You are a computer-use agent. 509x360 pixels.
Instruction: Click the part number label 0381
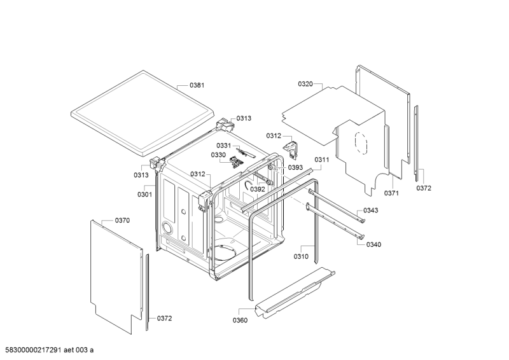click(197, 85)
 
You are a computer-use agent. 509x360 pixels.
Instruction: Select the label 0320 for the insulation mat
click(306, 84)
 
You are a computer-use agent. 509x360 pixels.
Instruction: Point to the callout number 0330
click(219, 155)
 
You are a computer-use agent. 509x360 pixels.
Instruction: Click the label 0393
click(295, 168)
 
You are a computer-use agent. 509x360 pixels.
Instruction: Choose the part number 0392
click(257, 189)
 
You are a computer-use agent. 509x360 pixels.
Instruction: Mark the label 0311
click(322, 160)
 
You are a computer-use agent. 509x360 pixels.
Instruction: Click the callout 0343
click(371, 211)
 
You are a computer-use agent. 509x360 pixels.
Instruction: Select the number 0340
click(374, 245)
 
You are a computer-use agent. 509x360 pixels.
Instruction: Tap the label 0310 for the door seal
click(302, 256)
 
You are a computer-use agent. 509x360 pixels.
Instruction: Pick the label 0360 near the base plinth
click(240, 320)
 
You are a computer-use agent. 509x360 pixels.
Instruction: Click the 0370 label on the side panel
click(122, 221)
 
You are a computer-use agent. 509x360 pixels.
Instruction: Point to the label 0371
click(391, 193)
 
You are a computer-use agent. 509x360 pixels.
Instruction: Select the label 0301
click(144, 195)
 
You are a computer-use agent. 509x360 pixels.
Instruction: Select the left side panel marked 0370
click(115, 273)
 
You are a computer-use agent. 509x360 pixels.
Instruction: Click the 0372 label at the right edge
click(424, 188)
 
